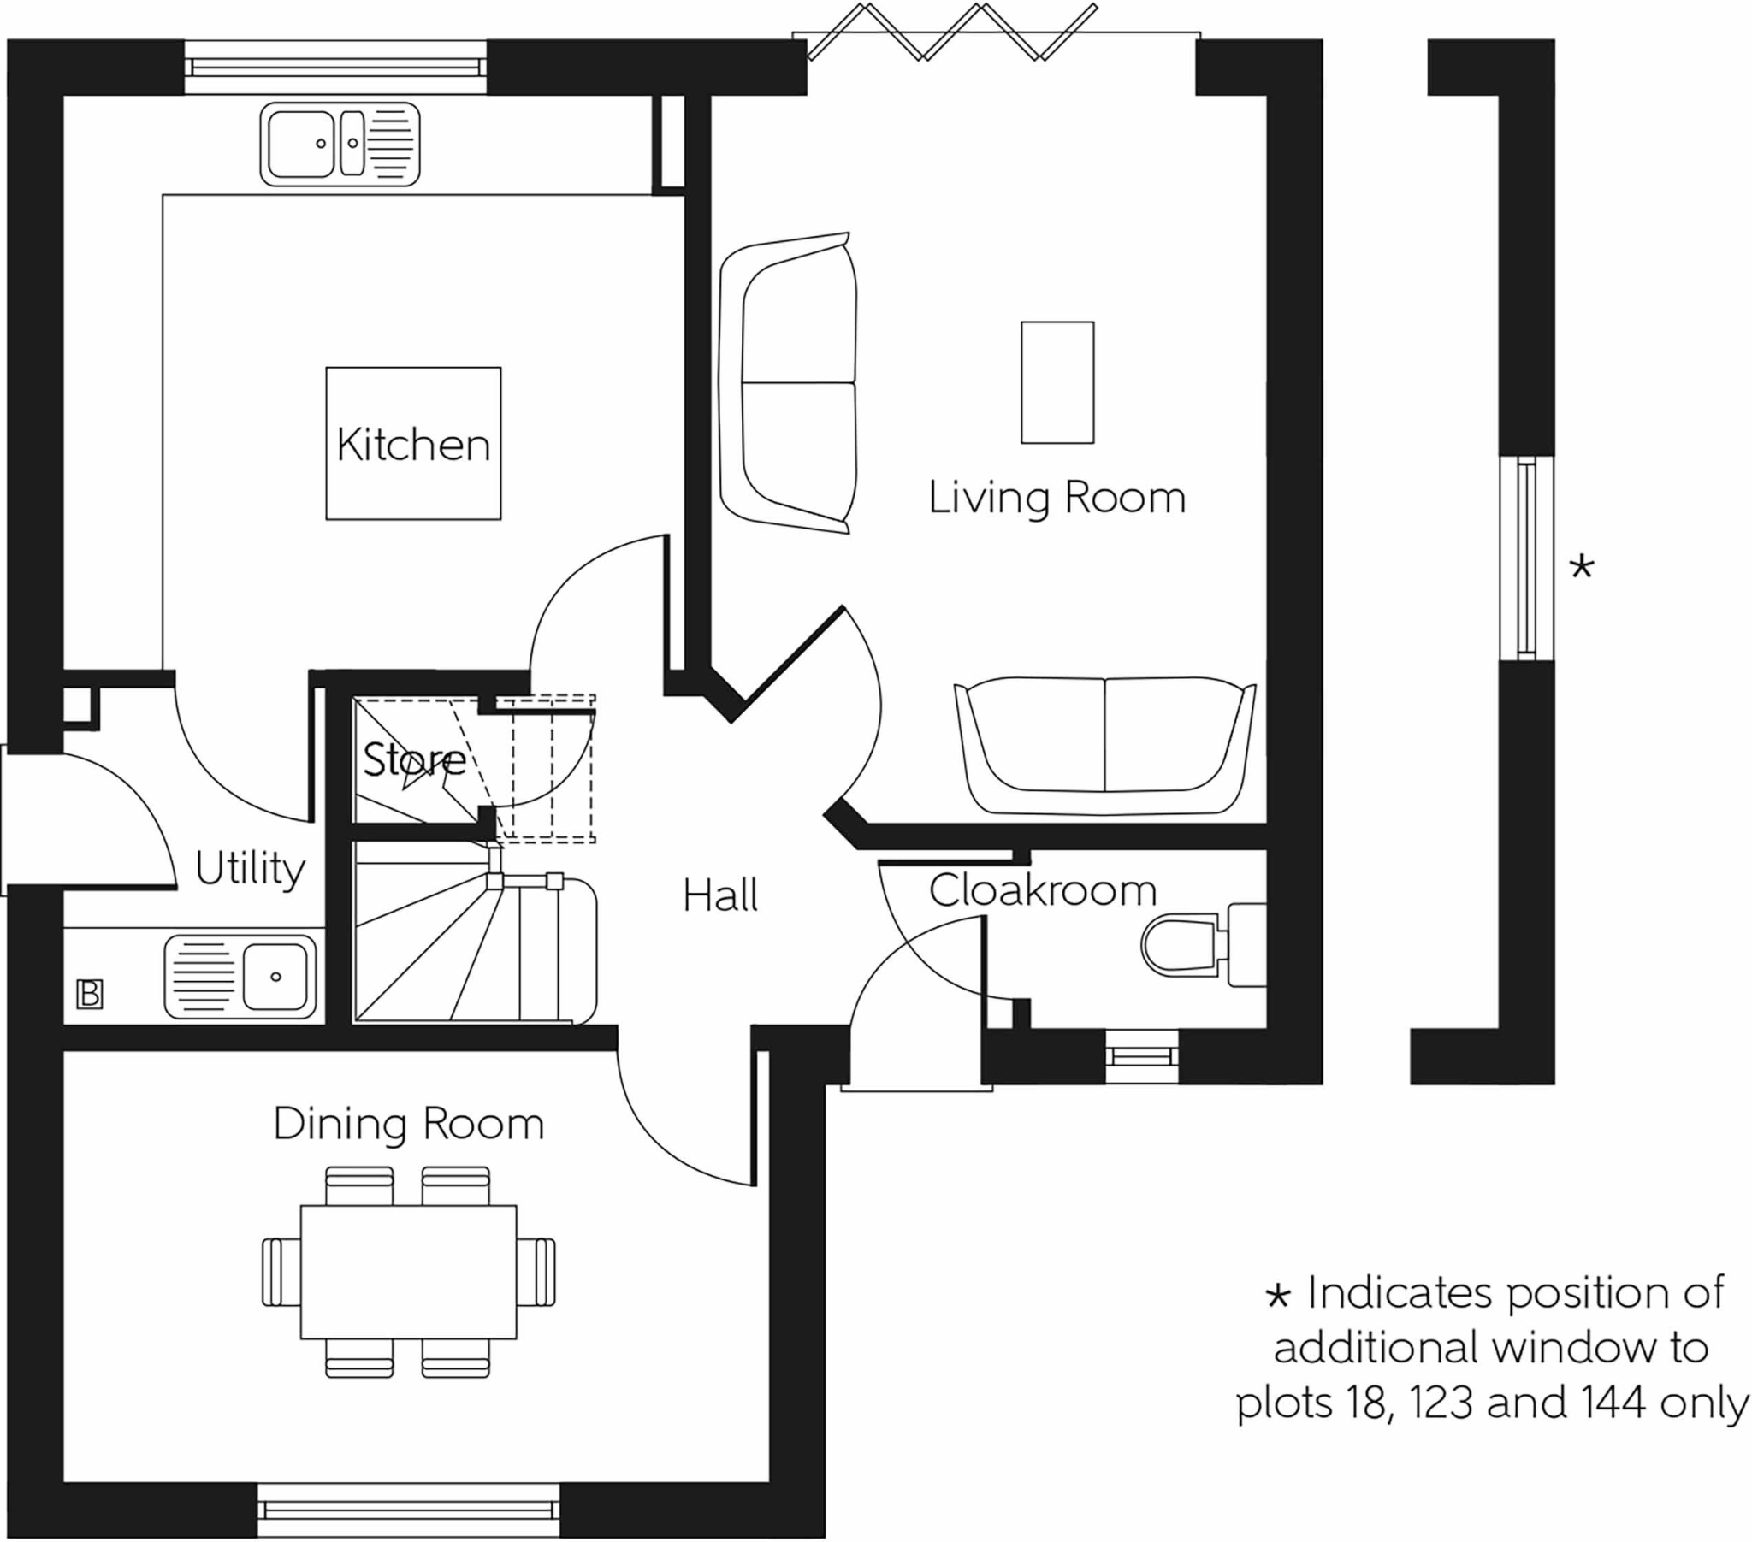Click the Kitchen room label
(x=413, y=444)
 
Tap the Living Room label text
(x=1057, y=498)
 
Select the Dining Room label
(x=409, y=1124)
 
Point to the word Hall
(x=720, y=895)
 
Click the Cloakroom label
(x=1042, y=889)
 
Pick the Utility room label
(x=250, y=869)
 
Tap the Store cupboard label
(x=414, y=759)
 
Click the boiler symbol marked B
(x=90, y=995)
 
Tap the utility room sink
(x=241, y=978)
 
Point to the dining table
(x=409, y=1272)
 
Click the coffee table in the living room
(x=1057, y=382)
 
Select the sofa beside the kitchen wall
(x=788, y=383)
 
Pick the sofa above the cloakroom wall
(x=1105, y=746)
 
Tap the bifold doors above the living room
(x=952, y=32)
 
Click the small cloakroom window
(x=1142, y=1056)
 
